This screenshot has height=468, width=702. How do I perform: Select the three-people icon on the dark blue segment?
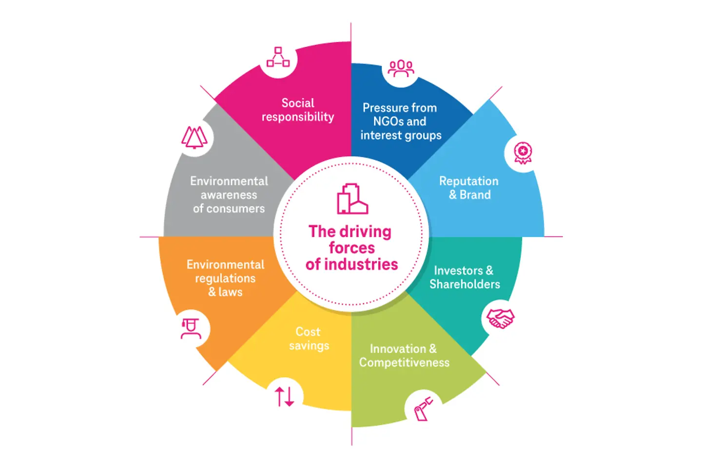coord(401,69)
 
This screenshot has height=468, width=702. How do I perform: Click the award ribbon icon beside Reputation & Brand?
coord(523,153)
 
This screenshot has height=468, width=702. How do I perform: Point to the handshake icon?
coord(500,319)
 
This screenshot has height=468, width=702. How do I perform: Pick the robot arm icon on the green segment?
coord(423,408)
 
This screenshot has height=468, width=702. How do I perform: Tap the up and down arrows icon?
coord(285,396)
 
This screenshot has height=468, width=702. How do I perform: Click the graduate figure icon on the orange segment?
coord(191,328)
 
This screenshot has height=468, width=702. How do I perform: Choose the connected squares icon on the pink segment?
coord(278,58)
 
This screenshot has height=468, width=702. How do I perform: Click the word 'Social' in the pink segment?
coord(298,103)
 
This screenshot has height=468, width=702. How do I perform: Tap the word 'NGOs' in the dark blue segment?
coord(385,121)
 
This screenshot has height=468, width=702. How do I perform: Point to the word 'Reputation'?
coord(468,181)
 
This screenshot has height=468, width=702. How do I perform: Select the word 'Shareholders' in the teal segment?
coord(465,284)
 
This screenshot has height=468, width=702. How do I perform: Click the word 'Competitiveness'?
coord(404,363)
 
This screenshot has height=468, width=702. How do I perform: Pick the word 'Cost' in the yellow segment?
coord(308,331)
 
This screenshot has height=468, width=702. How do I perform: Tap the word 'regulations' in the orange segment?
coord(225,278)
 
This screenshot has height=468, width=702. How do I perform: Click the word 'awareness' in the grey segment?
coord(229,195)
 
